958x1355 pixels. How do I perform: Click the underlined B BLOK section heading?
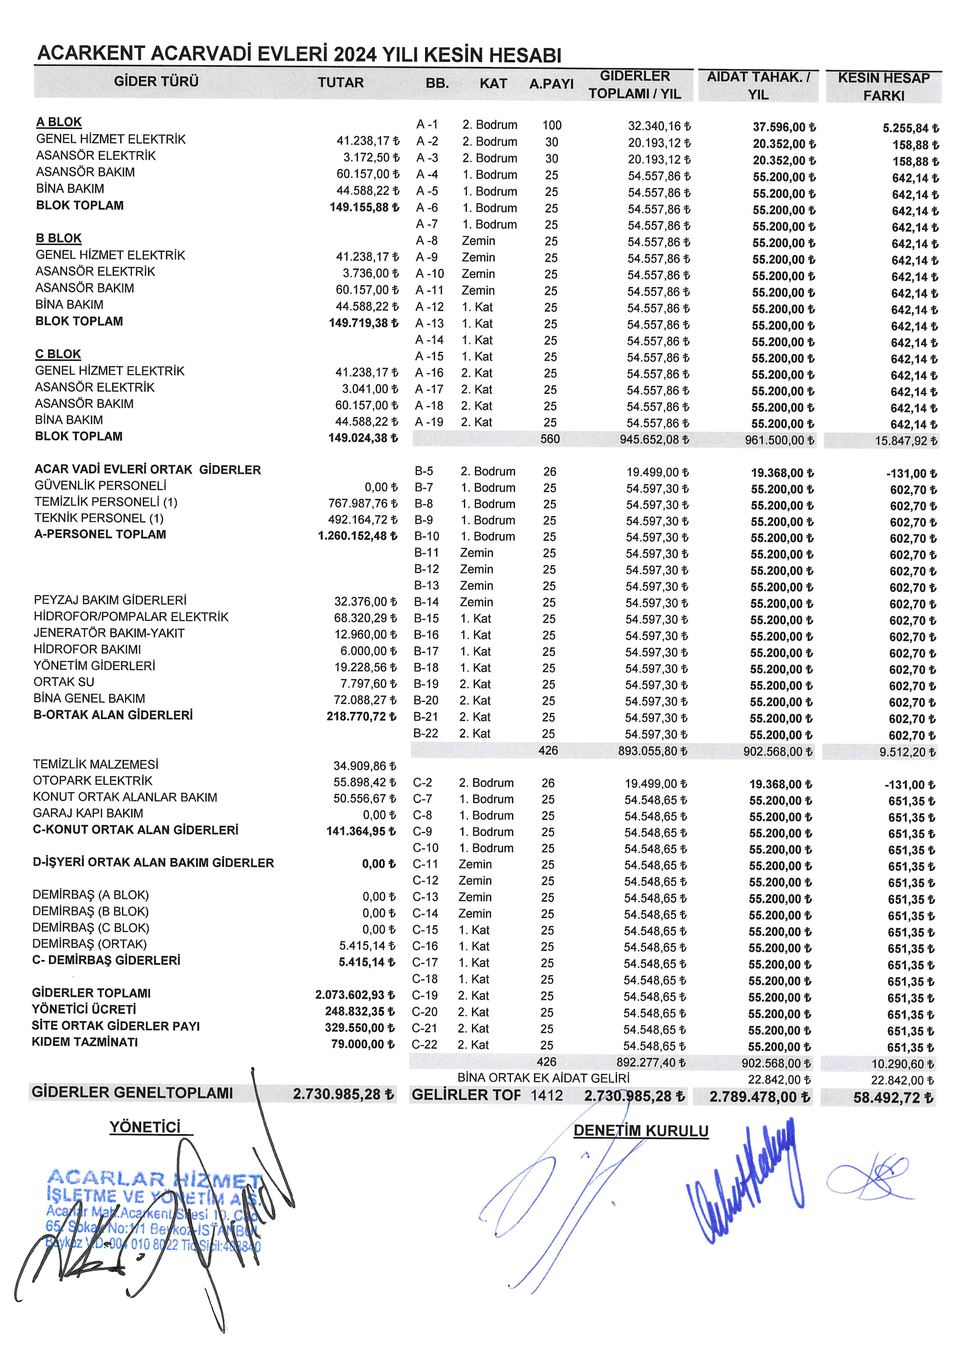59,238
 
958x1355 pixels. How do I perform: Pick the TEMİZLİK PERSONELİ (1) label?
106,502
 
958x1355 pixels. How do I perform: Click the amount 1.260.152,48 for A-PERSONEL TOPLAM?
356,536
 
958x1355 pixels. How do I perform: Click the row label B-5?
424,471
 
